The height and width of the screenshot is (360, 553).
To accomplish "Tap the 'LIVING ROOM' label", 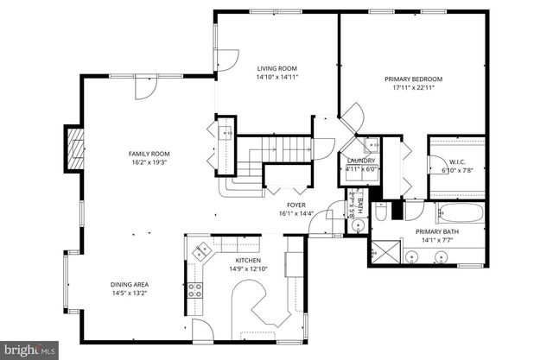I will pyautogui.click(x=277, y=68).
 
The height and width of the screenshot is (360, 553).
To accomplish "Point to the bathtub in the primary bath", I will pyautogui.click(x=457, y=212).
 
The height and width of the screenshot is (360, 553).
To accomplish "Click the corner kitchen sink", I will pyautogui.click(x=202, y=253).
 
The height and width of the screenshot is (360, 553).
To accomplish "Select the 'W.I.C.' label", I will pyautogui.click(x=458, y=161).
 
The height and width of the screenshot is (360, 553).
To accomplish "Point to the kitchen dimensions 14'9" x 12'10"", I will pyautogui.click(x=249, y=268).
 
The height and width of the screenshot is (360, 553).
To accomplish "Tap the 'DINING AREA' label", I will pyautogui.click(x=130, y=284).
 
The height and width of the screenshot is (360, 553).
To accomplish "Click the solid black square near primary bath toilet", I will pyautogui.click(x=398, y=209).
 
